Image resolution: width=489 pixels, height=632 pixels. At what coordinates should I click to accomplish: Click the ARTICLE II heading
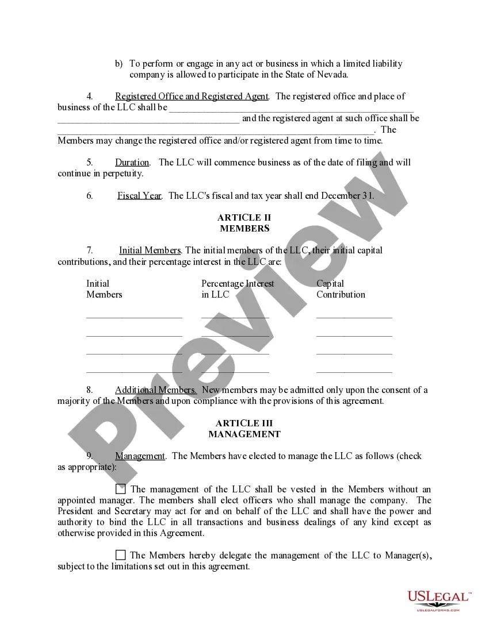click(244, 218)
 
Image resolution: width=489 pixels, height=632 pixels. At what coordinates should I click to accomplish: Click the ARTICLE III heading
click(244, 423)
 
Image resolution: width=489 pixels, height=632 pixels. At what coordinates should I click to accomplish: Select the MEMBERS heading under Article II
click(244, 229)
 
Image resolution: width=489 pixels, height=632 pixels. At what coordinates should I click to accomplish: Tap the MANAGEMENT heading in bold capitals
click(244, 434)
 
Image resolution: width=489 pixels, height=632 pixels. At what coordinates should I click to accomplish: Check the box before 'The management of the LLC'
click(120, 490)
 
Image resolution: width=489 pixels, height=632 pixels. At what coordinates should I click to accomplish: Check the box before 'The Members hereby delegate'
click(120, 555)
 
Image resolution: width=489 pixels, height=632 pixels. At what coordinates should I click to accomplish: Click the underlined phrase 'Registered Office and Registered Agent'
click(192, 97)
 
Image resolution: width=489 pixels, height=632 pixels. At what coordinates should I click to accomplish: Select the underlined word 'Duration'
click(132, 163)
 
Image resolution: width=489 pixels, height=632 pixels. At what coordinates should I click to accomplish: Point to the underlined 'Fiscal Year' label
click(139, 195)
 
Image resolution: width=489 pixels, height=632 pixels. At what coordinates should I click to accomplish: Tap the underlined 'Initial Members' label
click(150, 251)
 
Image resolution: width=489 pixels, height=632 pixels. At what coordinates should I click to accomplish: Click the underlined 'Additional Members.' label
click(156, 390)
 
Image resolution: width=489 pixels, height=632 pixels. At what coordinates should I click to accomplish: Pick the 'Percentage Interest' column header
click(238, 284)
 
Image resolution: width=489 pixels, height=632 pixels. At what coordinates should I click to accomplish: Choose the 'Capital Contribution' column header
click(340, 289)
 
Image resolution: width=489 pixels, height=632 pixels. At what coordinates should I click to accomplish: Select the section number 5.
click(90, 163)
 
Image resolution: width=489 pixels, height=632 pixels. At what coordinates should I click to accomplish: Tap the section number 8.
click(90, 390)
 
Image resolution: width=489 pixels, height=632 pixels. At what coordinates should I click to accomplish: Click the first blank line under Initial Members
click(134, 316)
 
